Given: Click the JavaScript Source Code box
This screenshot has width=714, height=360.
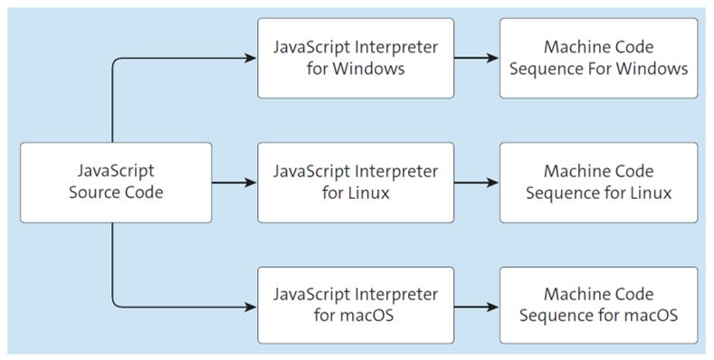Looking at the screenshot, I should (116, 182).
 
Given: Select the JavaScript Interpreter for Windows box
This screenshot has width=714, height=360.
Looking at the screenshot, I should (355, 58).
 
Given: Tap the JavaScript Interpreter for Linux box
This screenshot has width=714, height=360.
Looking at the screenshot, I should (355, 182).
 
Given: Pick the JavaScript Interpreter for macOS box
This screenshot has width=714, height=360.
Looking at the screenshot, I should (355, 306).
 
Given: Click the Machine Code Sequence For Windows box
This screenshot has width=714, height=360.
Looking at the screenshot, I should (598, 58).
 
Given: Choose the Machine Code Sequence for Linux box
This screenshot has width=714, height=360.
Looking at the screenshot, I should (598, 182).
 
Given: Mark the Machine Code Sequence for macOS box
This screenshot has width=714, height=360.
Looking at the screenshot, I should (598, 306).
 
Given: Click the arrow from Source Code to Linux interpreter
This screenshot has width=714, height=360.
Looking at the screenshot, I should (233, 182).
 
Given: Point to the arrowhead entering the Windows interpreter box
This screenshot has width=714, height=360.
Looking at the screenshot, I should (251, 59).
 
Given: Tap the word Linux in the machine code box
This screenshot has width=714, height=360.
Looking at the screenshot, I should (649, 193).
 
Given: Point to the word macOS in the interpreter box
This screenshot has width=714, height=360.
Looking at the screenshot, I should (367, 317).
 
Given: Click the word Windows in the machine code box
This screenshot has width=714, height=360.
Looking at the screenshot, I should (656, 69).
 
